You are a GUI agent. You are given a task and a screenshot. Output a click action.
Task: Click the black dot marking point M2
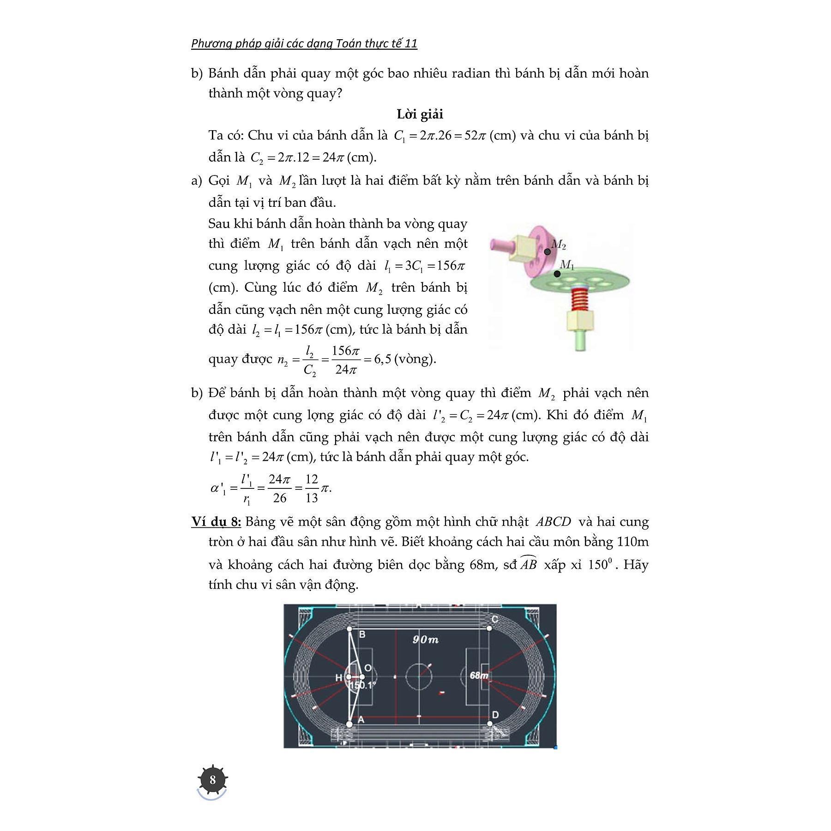547,252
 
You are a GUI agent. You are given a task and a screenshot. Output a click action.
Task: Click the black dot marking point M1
557,274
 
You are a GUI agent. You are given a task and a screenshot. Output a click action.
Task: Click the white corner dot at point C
489,628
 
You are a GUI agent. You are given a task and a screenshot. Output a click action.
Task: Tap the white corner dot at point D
489,723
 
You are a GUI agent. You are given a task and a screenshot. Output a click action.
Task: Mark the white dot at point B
349,629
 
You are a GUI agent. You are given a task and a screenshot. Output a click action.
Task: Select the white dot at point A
349,724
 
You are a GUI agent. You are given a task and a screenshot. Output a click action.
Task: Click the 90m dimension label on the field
425,639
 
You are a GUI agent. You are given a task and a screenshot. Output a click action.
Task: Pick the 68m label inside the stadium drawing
479,675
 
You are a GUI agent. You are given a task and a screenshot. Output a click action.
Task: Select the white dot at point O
362,677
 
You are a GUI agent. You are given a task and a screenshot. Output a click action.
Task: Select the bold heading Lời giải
420,114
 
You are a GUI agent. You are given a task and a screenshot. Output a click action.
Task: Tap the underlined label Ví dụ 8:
216,522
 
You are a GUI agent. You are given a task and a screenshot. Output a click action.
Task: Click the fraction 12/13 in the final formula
312,488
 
